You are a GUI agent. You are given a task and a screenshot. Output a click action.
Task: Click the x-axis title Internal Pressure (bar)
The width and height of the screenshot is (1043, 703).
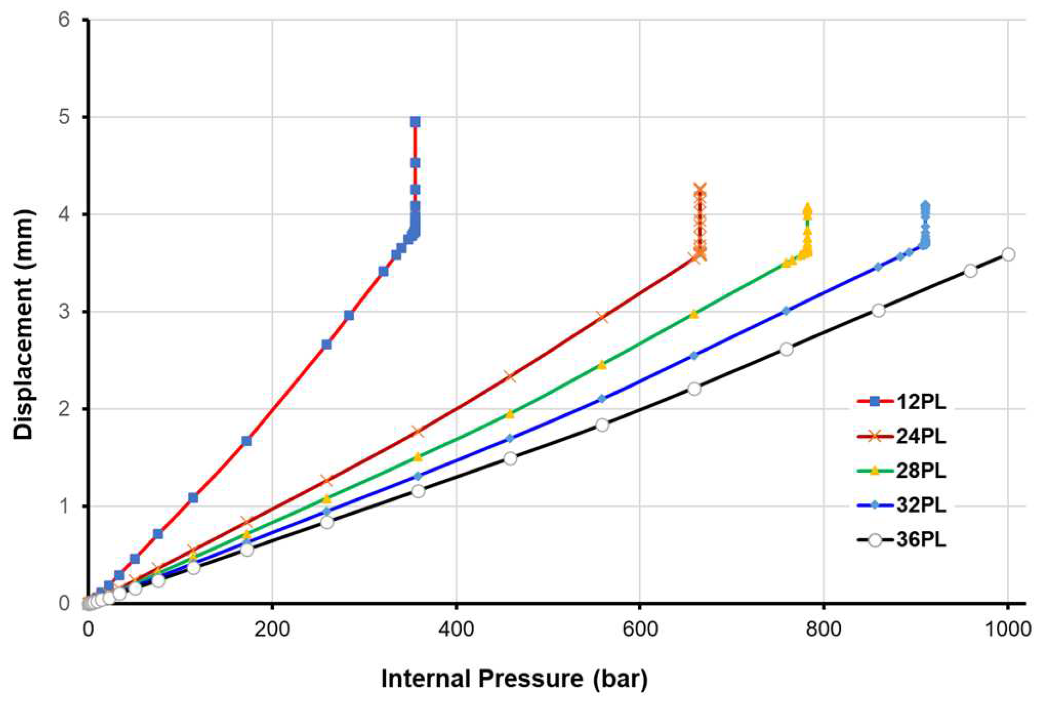pyautogui.click(x=514, y=678)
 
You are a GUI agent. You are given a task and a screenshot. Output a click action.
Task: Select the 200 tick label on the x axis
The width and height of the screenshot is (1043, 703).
pyautogui.click(x=273, y=630)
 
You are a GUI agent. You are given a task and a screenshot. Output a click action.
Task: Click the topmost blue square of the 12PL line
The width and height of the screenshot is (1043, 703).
pyautogui.click(x=415, y=121)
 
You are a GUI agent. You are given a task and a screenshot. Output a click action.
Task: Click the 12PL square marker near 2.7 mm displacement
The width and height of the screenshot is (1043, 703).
pyautogui.click(x=326, y=344)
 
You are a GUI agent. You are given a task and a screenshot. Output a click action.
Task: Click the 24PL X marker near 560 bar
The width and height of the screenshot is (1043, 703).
pyautogui.click(x=603, y=316)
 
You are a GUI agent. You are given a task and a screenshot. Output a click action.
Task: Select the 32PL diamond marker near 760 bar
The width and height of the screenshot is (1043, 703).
pyautogui.click(x=786, y=311)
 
